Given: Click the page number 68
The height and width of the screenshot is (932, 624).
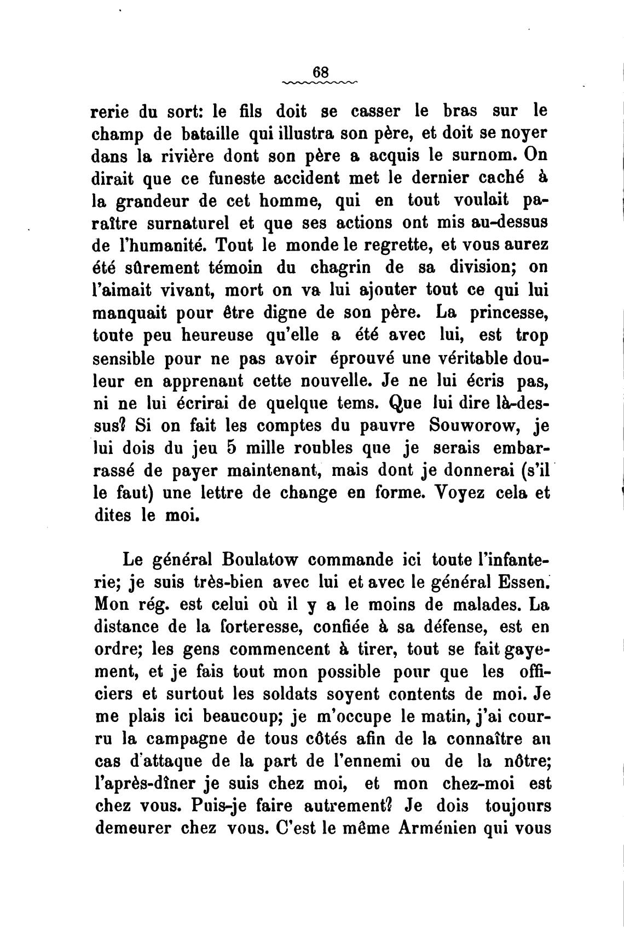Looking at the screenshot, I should [320, 72].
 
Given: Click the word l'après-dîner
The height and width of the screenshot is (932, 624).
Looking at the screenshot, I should [146, 783].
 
